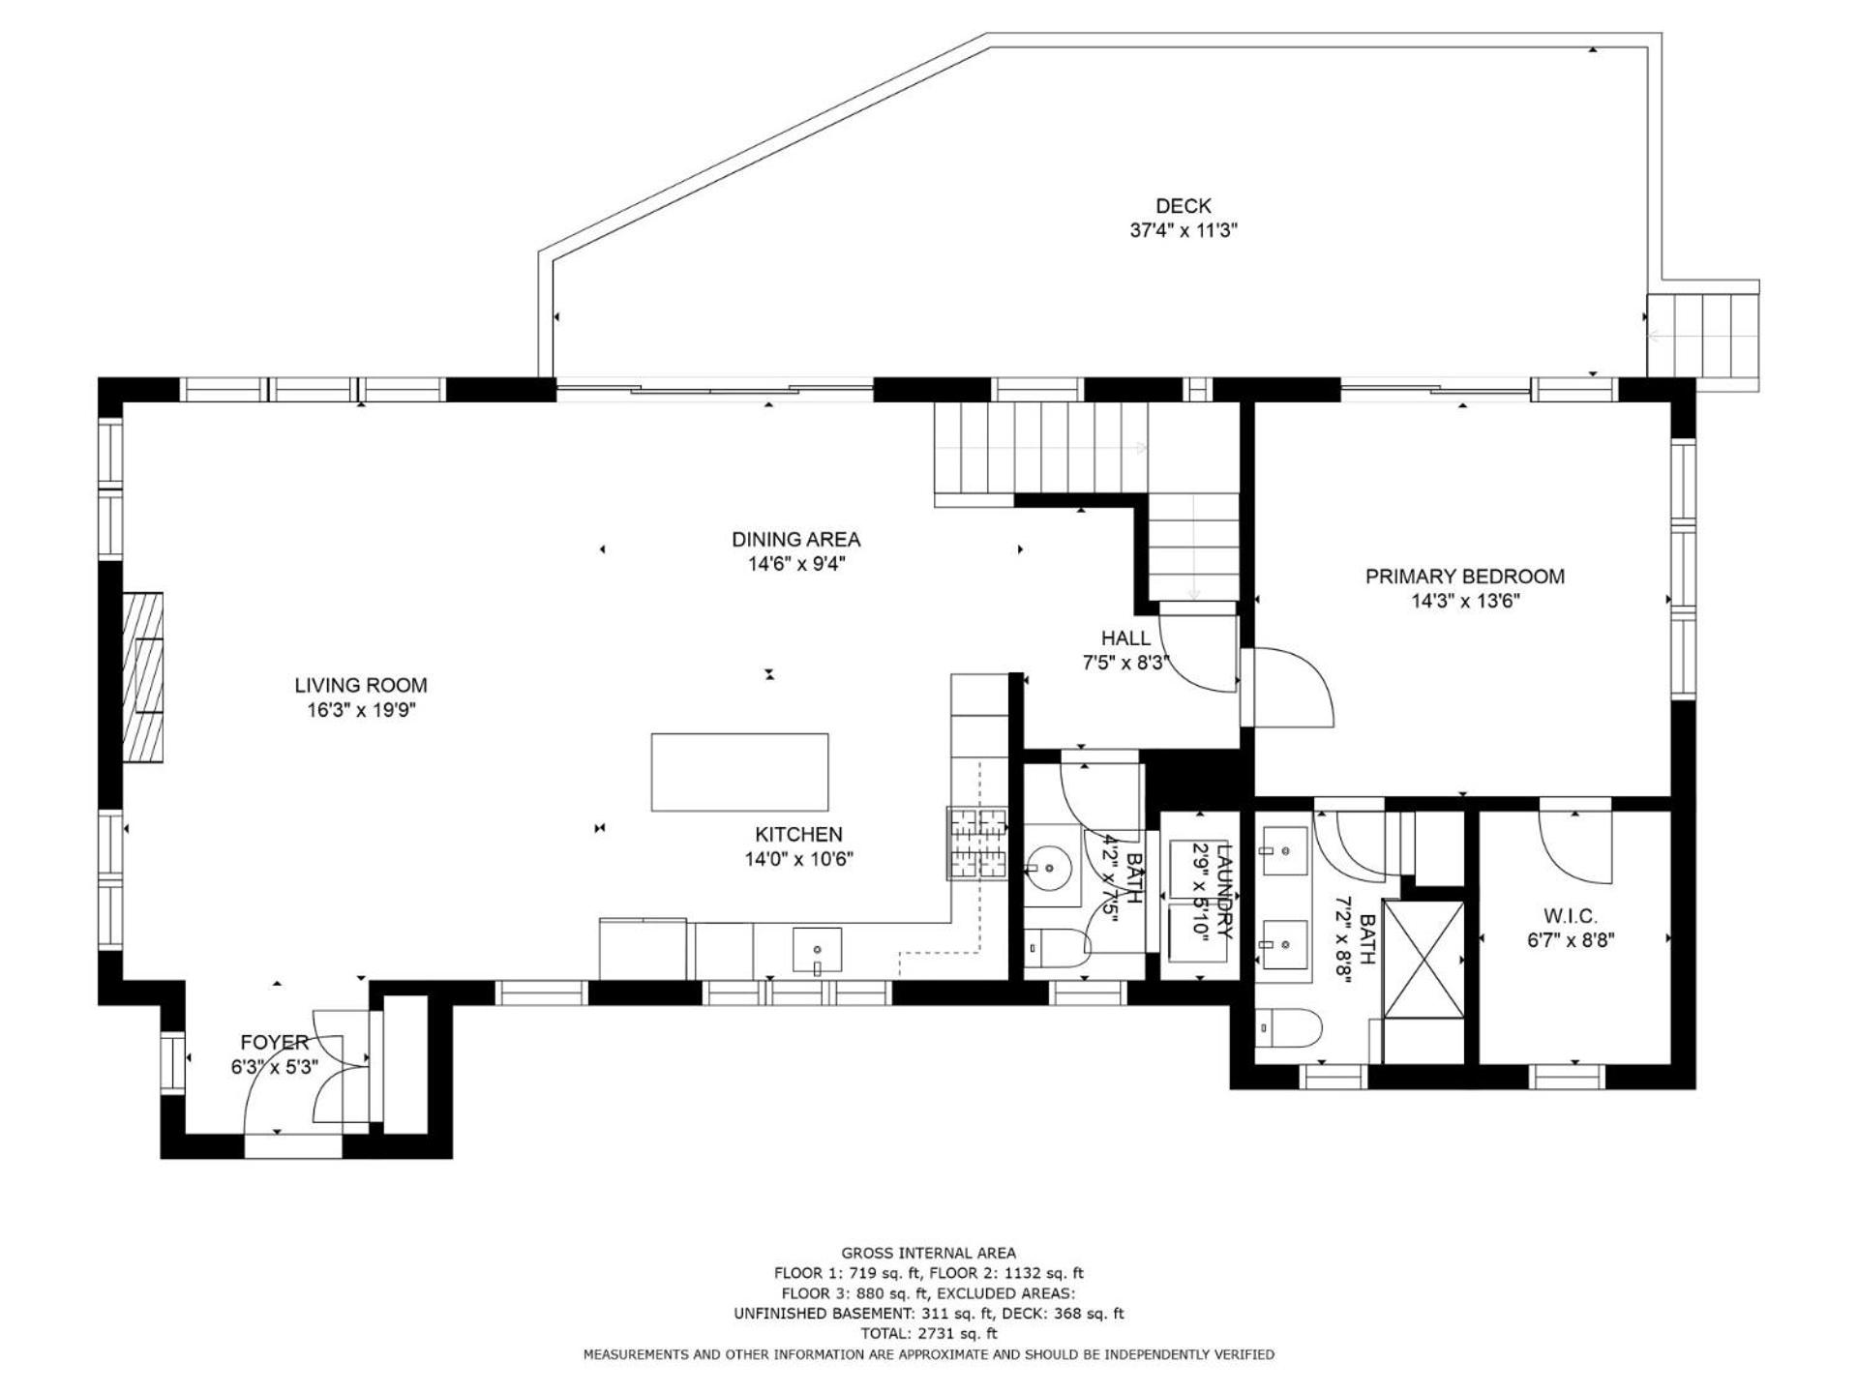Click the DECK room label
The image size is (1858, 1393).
pos(1184,206)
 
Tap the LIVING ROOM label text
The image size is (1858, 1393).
pos(361,686)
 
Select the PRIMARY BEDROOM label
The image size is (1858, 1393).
pos(1464,577)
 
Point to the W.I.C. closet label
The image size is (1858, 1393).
pos(1571,915)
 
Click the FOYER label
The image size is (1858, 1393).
pos(275,1042)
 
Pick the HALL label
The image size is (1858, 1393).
pos(1125,638)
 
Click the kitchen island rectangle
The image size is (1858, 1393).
pos(739,772)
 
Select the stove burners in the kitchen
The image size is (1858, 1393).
pos(977,844)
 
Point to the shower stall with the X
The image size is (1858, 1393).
pos(1423,959)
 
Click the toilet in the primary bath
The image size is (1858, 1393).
pos(1288,1029)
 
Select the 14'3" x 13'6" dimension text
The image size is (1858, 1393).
pos(1465,602)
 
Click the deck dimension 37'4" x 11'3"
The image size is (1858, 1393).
pos(1184,231)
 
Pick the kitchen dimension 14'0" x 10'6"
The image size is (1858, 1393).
pos(798,859)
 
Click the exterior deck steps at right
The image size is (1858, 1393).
pos(1702,337)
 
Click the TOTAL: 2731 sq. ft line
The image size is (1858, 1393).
pos(929,1333)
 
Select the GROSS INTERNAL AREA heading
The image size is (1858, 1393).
pos(929,1254)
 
